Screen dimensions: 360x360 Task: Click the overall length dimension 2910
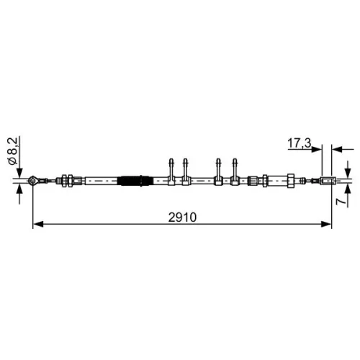[182, 217]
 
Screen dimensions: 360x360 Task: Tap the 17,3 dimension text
[299, 143]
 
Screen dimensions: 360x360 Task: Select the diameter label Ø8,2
[13, 151]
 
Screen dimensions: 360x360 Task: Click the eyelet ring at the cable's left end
[32, 181]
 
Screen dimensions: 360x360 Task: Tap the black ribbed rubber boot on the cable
[136, 181]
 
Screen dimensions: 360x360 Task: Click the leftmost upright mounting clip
[171, 172]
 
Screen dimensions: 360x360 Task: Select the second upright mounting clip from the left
[185, 172]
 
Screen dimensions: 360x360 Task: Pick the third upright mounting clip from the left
[218, 172]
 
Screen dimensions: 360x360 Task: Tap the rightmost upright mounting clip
[235, 172]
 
